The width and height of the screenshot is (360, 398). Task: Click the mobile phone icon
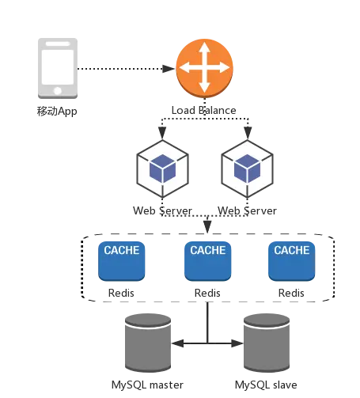pos(58,68)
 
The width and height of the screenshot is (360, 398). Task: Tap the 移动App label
pos(57,111)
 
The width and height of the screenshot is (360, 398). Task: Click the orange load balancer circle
pos(204,68)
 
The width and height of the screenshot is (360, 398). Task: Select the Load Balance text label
pos(204,110)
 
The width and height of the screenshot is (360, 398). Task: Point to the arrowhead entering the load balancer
pos(169,69)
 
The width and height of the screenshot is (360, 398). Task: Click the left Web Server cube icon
pos(162,169)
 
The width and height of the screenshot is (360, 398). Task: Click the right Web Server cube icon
pos(247,169)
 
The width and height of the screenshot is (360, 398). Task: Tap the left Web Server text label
pos(162,210)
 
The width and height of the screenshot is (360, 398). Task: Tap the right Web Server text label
pos(247,210)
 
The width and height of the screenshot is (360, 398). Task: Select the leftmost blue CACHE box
pos(122,261)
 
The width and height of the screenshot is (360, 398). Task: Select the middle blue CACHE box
pos(208,261)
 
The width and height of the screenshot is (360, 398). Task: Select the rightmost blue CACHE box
pos(292,261)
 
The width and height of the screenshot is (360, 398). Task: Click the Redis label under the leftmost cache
pos(121,293)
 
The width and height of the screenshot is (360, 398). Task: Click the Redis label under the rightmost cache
pos(291,293)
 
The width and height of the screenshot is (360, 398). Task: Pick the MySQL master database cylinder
pos(148,343)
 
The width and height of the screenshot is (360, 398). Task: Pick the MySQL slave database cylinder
pos(267,343)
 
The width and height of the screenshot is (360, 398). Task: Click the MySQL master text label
pos(147,385)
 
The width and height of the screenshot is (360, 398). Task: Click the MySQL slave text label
pos(266,385)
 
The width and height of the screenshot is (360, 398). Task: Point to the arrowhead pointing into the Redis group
pos(207,227)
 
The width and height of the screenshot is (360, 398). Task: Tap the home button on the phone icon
pos(58,91)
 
